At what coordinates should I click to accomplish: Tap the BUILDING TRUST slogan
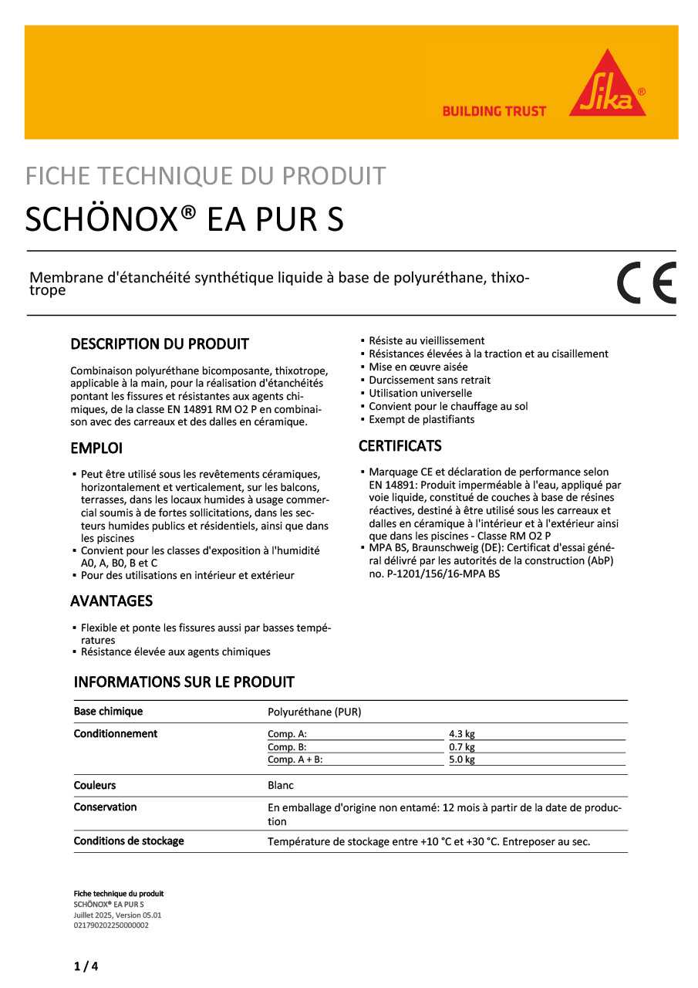click(x=494, y=111)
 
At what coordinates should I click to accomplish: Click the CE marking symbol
click(x=646, y=283)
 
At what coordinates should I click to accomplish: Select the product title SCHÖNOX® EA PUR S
click(x=184, y=220)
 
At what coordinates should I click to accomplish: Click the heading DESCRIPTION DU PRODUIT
click(x=160, y=343)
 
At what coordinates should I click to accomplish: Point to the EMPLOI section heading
click(x=96, y=448)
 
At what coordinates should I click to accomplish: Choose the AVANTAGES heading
click(x=111, y=601)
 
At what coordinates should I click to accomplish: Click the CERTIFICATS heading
click(x=400, y=446)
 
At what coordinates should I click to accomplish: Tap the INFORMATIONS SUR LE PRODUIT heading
click(x=184, y=682)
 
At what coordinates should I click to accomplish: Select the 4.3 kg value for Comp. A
click(x=462, y=734)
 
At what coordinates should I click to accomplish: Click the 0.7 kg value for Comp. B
click(x=462, y=747)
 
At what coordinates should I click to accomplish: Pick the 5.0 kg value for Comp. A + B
click(x=462, y=760)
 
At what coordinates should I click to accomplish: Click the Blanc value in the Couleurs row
click(x=281, y=786)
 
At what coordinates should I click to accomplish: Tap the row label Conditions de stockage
click(x=129, y=841)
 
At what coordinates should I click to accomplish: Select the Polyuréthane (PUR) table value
click(x=314, y=712)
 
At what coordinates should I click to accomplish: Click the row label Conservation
click(x=105, y=807)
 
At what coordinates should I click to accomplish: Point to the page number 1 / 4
click(x=86, y=966)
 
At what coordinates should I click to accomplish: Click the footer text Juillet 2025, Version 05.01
click(x=117, y=915)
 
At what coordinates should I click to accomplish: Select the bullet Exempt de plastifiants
click(x=421, y=420)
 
